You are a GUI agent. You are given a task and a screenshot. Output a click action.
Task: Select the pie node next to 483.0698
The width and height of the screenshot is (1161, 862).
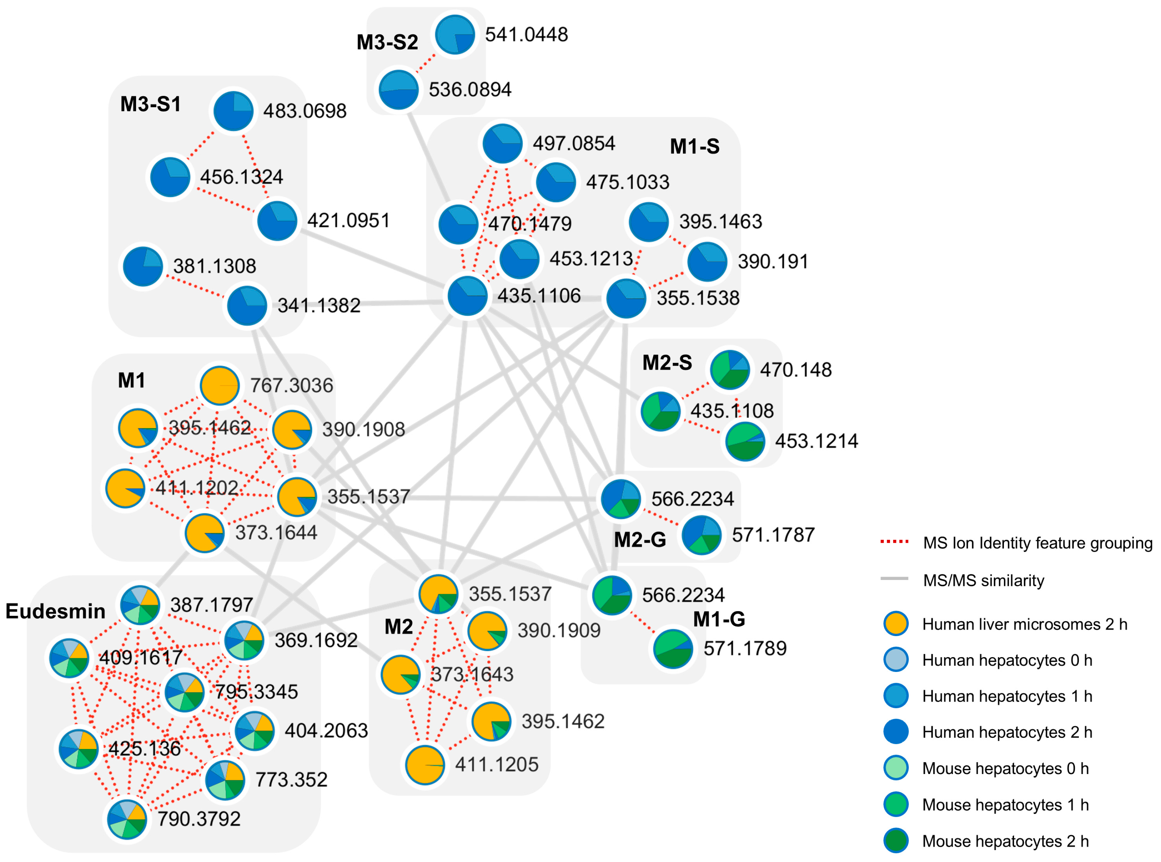(233, 111)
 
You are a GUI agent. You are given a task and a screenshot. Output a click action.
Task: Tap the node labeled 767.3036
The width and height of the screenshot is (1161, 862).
(220, 386)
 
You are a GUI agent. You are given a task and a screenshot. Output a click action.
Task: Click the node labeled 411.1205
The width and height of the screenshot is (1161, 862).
(425, 765)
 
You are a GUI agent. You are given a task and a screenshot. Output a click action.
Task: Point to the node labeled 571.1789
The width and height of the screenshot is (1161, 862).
(673, 649)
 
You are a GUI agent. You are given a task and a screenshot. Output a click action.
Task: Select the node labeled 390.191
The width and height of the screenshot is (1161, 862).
(707, 261)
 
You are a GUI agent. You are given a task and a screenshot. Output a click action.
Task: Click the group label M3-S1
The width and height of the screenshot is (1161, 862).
(150, 104)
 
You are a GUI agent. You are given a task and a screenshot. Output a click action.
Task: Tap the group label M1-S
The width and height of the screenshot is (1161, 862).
(694, 147)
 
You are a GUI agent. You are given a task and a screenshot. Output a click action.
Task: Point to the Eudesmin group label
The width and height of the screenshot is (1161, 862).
(55, 611)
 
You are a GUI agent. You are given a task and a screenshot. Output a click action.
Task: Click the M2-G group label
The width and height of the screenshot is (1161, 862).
(639, 539)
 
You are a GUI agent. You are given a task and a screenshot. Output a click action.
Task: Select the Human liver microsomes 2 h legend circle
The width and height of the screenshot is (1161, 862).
(895, 624)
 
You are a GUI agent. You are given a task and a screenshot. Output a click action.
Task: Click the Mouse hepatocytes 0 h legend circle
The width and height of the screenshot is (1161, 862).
(895, 768)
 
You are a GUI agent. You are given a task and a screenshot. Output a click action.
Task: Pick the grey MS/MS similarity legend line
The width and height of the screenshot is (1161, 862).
(894, 579)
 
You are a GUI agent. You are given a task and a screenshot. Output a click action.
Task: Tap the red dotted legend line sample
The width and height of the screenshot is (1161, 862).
(894, 542)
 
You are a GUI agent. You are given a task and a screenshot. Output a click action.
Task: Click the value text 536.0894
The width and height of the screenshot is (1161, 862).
(469, 90)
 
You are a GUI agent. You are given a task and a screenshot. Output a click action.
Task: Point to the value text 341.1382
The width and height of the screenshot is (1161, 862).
(319, 306)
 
